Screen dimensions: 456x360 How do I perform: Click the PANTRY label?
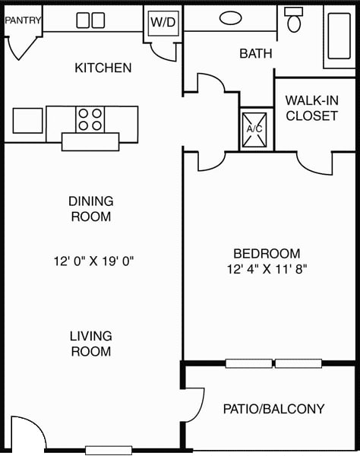tap(23, 21)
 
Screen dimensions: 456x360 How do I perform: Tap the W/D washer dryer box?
tap(163, 22)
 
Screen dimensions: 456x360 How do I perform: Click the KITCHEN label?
tap(103, 68)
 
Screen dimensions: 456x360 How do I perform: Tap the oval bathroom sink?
tap(230, 17)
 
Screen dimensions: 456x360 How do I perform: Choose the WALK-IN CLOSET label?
tap(311, 108)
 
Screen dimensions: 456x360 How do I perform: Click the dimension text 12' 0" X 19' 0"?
tap(94, 261)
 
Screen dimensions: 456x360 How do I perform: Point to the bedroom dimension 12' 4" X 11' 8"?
tap(267, 268)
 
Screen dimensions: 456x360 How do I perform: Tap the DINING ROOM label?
tap(90, 209)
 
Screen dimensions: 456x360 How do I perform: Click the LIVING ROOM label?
tap(91, 344)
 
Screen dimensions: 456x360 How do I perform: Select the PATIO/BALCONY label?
tap(273, 409)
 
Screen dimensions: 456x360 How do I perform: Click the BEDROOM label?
tap(267, 253)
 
